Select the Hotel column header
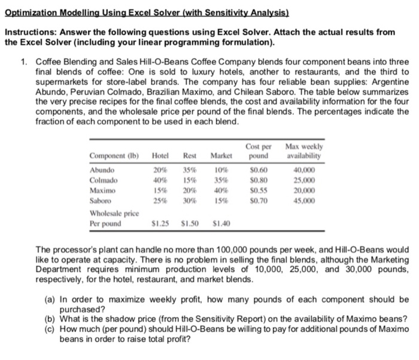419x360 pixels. [160, 157]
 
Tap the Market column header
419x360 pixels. [221, 157]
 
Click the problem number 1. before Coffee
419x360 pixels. [22, 62]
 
